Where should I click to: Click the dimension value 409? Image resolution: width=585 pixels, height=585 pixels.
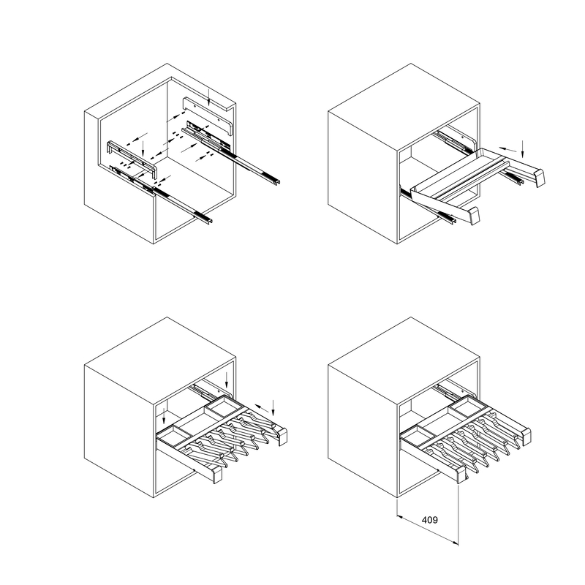point(429,520)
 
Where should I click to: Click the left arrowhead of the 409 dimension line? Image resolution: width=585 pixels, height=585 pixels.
point(399,517)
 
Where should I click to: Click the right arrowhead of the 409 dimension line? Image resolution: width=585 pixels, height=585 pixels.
point(456,543)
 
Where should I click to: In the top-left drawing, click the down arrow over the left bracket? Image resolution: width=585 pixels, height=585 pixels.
point(143,149)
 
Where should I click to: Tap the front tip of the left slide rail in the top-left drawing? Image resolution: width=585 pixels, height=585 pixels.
point(210,222)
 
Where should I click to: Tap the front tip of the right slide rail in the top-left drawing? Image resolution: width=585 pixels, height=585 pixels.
point(277,182)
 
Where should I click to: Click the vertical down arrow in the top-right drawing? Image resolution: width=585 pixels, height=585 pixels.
point(523,149)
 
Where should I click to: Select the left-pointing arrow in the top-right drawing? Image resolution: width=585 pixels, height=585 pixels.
point(508,150)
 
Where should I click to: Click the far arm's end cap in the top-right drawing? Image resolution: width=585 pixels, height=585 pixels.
point(540,178)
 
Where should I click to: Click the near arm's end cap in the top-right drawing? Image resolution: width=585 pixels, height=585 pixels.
point(475,216)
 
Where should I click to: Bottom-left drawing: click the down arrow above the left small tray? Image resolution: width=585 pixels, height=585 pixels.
point(164,416)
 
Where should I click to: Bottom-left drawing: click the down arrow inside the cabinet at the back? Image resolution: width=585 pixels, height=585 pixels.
point(227,380)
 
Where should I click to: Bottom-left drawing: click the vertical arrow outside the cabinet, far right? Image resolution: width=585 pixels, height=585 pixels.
point(273,408)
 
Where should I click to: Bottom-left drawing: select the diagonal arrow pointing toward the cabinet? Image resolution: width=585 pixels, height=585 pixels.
point(263,408)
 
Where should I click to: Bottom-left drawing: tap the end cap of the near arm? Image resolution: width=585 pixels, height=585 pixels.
point(217,475)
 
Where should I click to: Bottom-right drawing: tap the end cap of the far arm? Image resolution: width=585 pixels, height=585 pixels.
point(526,437)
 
